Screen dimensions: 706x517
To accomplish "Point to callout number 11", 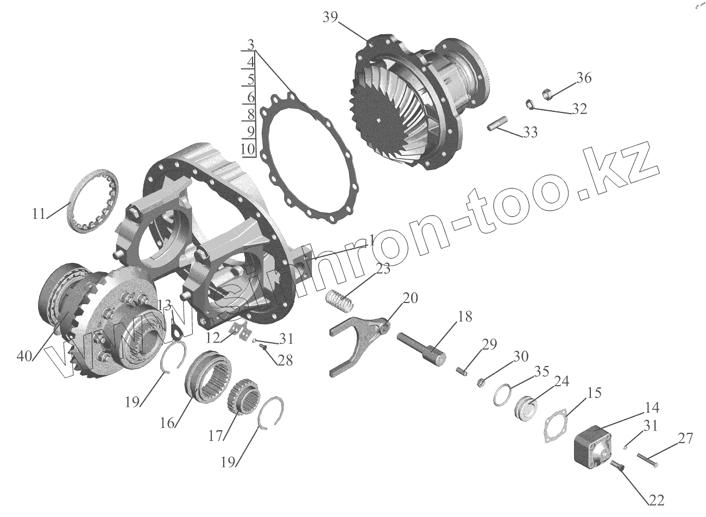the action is (37, 213).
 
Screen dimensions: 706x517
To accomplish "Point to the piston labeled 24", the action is (526, 411).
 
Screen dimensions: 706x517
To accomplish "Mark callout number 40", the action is (24, 356).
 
